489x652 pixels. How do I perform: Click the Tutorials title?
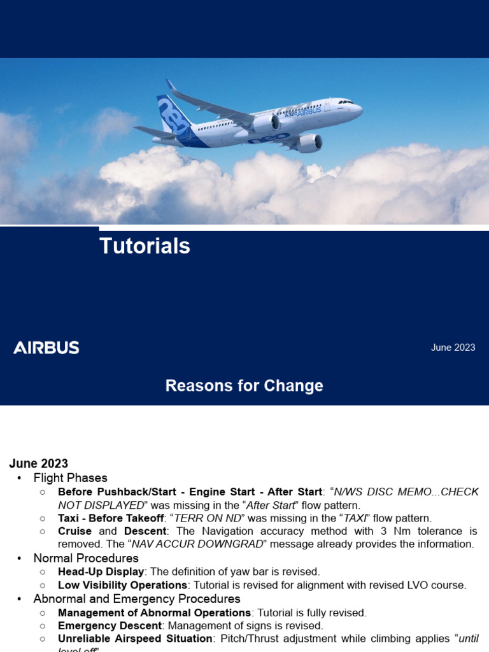coord(145,246)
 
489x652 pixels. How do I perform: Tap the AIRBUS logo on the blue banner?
coord(46,348)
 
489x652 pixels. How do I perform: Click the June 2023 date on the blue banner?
coord(453,348)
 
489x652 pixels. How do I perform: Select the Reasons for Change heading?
coord(244,386)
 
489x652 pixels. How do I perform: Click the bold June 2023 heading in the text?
coord(38,464)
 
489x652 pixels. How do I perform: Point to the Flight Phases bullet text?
coord(70,478)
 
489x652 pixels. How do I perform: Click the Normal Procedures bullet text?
coord(86,558)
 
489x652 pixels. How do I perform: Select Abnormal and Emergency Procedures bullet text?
coord(137,599)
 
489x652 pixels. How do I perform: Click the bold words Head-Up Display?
coord(101,572)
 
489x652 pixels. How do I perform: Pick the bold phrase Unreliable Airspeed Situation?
coord(135,639)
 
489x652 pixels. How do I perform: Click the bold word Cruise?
coord(74,531)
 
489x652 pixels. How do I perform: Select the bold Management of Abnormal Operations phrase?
coord(155,613)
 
